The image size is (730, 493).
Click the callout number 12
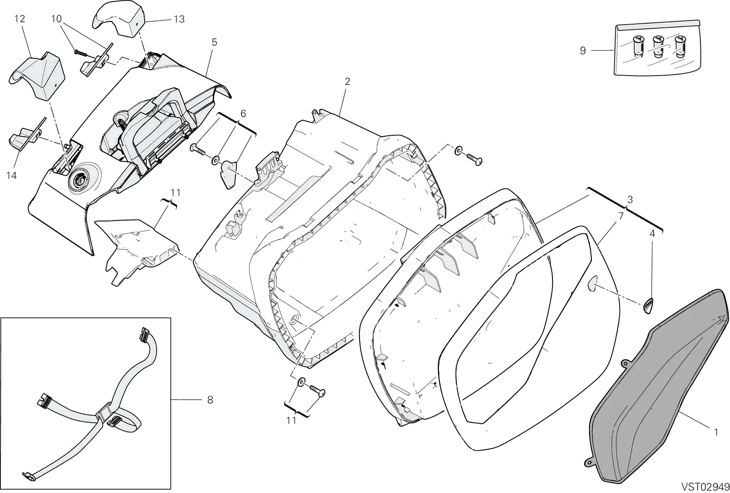pos(20,19)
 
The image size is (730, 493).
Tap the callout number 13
pos(179,19)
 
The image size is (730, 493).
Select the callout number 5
pos(214,42)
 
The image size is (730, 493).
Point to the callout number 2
pos(347,82)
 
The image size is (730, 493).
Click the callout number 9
pos(583,51)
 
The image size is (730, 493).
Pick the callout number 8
pos(210,400)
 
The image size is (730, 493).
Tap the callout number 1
pos(716,432)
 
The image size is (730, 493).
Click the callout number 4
pos(652,234)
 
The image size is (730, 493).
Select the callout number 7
pos(621,216)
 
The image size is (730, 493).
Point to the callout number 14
pos(11,176)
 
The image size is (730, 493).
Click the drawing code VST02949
pos(705,487)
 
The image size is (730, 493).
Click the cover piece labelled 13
pos(119,19)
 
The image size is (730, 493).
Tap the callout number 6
pos(243,113)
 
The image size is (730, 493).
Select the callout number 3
pos(630,200)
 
